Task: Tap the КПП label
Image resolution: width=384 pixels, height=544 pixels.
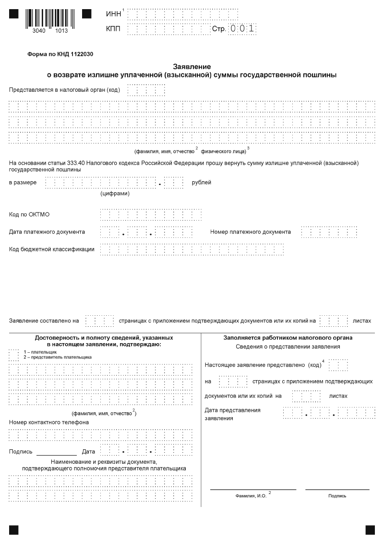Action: (113, 29)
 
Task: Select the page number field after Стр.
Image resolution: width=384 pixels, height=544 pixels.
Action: (242, 29)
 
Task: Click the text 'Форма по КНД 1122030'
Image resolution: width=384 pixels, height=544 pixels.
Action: (60, 54)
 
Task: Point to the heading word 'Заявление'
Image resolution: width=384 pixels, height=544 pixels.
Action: (192, 67)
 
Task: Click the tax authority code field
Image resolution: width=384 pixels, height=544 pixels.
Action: (146, 90)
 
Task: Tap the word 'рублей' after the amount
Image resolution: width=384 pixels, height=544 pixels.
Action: (201, 183)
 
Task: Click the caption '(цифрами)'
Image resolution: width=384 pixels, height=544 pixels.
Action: (115, 194)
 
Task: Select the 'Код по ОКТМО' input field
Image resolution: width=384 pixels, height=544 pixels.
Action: (151, 214)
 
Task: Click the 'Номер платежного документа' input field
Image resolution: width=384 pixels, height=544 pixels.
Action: (329, 232)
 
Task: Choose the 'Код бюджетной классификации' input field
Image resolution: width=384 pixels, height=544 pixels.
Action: (192, 249)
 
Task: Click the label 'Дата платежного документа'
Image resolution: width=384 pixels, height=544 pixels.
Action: (47, 232)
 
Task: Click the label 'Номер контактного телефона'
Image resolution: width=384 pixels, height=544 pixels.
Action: (49, 422)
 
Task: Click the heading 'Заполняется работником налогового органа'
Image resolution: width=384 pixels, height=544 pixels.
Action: (288, 338)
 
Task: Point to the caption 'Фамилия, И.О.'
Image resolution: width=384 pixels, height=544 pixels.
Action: (251, 495)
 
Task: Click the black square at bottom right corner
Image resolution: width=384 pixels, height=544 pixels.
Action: (370, 530)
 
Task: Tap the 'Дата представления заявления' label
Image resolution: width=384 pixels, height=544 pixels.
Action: (232, 414)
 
